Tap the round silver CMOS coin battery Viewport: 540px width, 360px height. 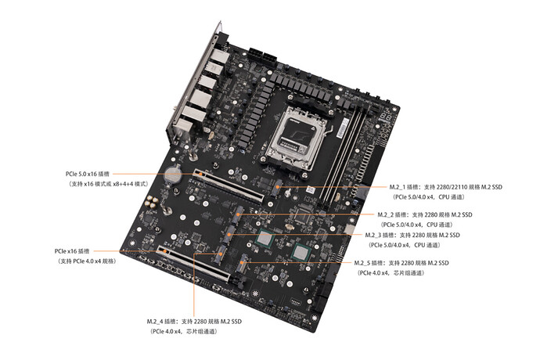pyautogui.click(x=173, y=174)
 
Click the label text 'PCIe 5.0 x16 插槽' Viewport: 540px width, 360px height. pyautogui.click(x=87, y=174)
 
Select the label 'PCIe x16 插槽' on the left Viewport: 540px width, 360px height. pyautogui.click(x=72, y=251)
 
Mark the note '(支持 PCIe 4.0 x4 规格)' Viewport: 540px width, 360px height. pyautogui.click(x=87, y=261)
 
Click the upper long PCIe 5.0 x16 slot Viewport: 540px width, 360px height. pyautogui.click(x=229, y=185)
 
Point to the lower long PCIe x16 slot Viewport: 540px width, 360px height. pyautogui.click(x=194, y=263)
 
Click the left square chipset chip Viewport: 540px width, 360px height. pyautogui.click(x=265, y=239)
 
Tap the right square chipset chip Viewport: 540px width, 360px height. pyautogui.click(x=301, y=253)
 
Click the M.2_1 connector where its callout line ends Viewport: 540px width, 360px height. pyautogui.click(x=278, y=188)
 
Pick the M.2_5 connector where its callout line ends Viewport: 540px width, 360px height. pyautogui.click(x=243, y=264)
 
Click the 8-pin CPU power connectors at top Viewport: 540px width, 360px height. pyautogui.click(x=262, y=58)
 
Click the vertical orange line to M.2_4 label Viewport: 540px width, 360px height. pyautogui.click(x=194, y=285)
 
